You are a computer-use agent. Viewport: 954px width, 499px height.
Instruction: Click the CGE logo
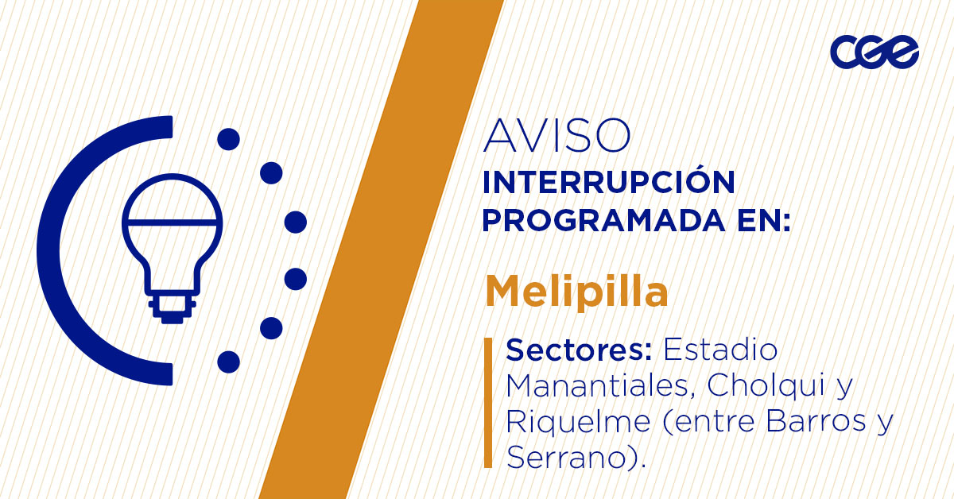pyautogui.click(x=874, y=53)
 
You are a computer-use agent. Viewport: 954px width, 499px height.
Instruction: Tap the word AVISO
pyautogui.click(x=556, y=137)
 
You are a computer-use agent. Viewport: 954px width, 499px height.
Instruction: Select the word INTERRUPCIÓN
pyautogui.click(x=609, y=183)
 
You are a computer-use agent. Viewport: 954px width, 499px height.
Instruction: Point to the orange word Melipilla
pyautogui.click(x=576, y=292)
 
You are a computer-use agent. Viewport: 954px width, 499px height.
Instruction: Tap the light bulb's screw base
pyautogui.click(x=172, y=306)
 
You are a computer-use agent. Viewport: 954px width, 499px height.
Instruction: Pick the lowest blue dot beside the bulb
pyautogui.click(x=228, y=362)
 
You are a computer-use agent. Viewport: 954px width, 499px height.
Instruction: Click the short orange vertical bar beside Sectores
pyautogui.click(x=487, y=402)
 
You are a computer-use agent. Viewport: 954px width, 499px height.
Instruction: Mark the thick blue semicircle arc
pyautogui.click(x=56, y=249)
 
